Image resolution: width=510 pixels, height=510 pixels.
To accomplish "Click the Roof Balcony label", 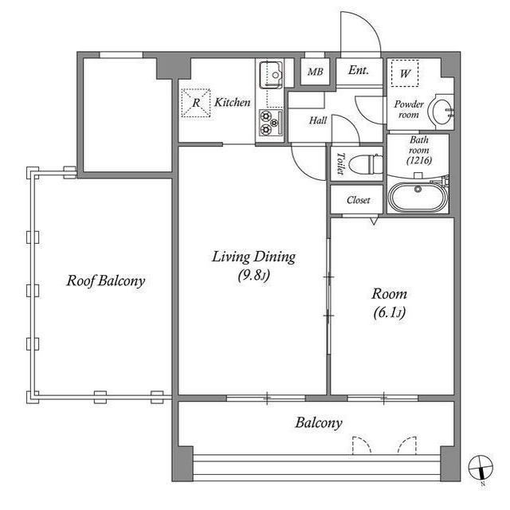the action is (106, 281).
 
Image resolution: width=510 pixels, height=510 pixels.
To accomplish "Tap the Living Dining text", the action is (253, 257).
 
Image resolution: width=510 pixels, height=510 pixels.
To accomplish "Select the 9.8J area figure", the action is (253, 276).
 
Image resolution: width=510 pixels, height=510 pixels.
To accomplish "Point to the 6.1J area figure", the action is (390, 313).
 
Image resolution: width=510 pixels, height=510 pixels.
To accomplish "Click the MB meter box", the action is (316, 72).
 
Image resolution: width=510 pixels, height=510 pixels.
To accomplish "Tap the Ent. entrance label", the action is (359, 70).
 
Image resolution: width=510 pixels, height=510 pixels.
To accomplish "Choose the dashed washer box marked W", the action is (405, 73).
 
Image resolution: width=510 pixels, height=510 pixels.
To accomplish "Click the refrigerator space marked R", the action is (196, 103).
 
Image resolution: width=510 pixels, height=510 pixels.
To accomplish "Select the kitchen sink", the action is (271, 75).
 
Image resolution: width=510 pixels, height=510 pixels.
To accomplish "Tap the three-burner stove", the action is (271, 123).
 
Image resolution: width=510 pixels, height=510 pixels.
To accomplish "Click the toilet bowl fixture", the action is (366, 163).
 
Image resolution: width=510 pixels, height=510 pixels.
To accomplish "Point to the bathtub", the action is (418, 197).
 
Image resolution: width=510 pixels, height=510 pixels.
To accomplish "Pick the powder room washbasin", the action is (441, 112).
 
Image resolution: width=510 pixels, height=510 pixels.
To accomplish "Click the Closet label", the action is (358, 200).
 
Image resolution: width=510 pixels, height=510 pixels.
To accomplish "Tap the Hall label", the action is (318, 120).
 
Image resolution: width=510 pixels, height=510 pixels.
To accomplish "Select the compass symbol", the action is (481, 468).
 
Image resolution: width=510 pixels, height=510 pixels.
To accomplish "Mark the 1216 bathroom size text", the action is (419, 160).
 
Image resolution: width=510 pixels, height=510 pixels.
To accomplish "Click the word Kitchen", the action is (232, 103).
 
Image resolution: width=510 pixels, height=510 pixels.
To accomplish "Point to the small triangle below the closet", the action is (374, 222).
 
